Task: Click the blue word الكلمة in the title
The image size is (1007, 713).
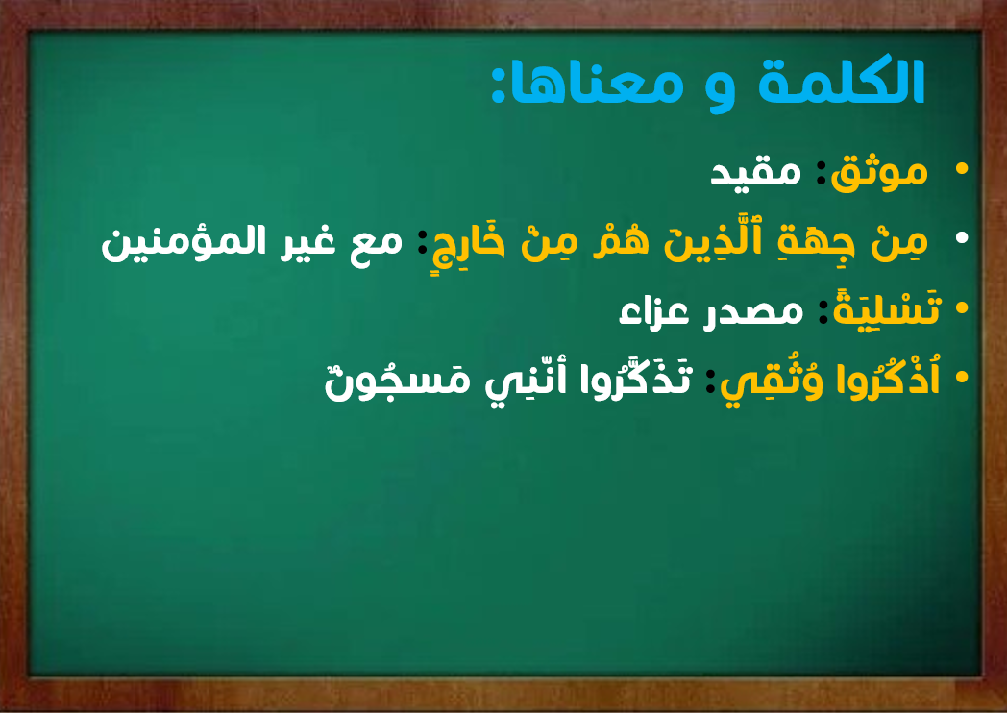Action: pos(842,81)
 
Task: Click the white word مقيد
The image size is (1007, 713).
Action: pos(755,171)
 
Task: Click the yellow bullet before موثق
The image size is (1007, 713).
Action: pos(962,169)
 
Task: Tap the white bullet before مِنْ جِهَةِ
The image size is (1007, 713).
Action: pos(962,237)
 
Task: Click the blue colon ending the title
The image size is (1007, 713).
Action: pos(499,85)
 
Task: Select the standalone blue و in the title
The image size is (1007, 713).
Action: pos(720,90)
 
